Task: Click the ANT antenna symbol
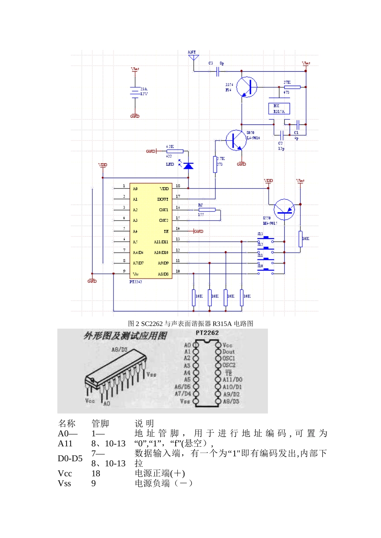click(x=193, y=57)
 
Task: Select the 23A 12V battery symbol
click(x=135, y=91)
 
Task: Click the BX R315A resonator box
click(x=279, y=108)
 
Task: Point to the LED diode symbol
click(x=188, y=165)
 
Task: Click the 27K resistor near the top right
click(x=292, y=87)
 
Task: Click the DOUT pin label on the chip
click(x=163, y=199)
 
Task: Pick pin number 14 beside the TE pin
click(x=178, y=229)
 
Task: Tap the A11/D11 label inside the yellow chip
click(x=161, y=242)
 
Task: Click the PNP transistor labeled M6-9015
click(x=284, y=209)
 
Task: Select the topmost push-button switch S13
click(x=265, y=239)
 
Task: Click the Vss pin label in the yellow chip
click(x=136, y=274)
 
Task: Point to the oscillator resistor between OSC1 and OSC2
click(x=207, y=209)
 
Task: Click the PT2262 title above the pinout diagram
click(x=207, y=333)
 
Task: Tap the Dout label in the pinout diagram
click(x=228, y=351)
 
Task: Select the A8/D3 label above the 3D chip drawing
click(x=119, y=349)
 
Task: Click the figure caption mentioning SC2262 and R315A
click(x=190, y=323)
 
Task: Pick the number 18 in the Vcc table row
click(x=96, y=474)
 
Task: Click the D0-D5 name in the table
click(x=70, y=458)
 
